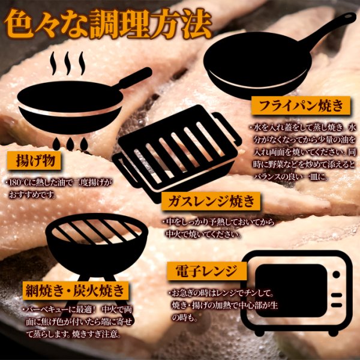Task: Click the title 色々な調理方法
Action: tap(107, 23)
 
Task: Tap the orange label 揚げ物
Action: tap(34, 160)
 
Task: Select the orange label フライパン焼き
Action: tap(301, 106)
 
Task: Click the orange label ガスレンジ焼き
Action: tap(211, 202)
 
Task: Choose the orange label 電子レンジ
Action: tap(206, 271)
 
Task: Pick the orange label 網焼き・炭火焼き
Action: tap(76, 290)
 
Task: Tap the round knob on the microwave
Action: tap(337, 274)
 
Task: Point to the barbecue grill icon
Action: tap(97, 253)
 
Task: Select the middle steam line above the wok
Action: tap(67, 63)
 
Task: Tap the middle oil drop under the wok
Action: tap(70, 144)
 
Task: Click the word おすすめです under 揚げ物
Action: tap(32, 195)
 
